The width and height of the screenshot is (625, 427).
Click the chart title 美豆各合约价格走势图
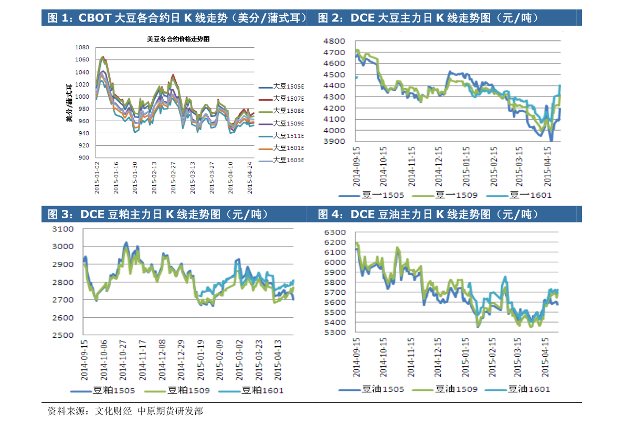(x=175, y=39)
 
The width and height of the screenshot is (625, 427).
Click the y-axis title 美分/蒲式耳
(x=69, y=103)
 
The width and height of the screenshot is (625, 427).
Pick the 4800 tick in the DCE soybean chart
(x=334, y=41)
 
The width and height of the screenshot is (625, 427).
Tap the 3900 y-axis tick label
(x=334, y=142)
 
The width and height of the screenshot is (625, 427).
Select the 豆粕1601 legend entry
(x=262, y=390)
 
